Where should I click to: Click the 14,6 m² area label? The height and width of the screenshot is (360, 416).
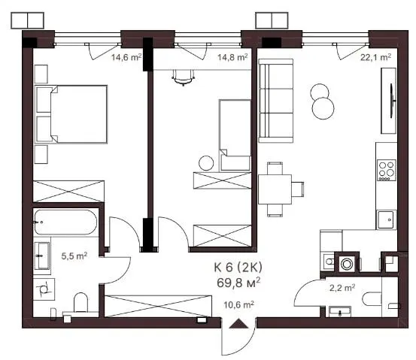tap(126, 57)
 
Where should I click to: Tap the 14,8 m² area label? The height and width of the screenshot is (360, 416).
tap(232, 57)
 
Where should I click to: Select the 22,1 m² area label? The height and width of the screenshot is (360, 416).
tap(375, 57)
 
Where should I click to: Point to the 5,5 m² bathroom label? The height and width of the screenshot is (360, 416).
tap(74, 256)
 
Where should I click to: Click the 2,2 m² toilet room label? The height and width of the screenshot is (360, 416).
tap(342, 288)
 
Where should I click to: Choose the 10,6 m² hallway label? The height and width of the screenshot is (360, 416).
tap(238, 305)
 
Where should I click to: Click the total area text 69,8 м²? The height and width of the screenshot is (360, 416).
tap(238, 283)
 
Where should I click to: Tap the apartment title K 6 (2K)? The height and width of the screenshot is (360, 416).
tap(238, 268)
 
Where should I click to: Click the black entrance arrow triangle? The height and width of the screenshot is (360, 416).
tap(238, 323)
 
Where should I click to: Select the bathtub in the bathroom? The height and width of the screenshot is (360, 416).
tap(65, 222)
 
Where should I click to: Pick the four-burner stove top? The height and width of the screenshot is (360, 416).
tap(387, 170)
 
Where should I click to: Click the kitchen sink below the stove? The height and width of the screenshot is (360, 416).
tap(386, 219)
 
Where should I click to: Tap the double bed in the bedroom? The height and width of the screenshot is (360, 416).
tap(71, 114)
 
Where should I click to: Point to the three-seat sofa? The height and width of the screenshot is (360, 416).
tap(276, 101)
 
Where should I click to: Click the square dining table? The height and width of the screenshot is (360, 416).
tap(275, 189)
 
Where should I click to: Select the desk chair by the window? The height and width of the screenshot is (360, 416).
tap(183, 77)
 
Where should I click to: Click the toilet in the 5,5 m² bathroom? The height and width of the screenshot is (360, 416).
tap(80, 303)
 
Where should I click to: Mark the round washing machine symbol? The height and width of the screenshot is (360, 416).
tap(347, 264)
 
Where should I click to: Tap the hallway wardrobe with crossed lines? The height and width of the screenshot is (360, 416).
tap(158, 306)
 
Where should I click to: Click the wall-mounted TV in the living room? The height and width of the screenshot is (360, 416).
tap(393, 101)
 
